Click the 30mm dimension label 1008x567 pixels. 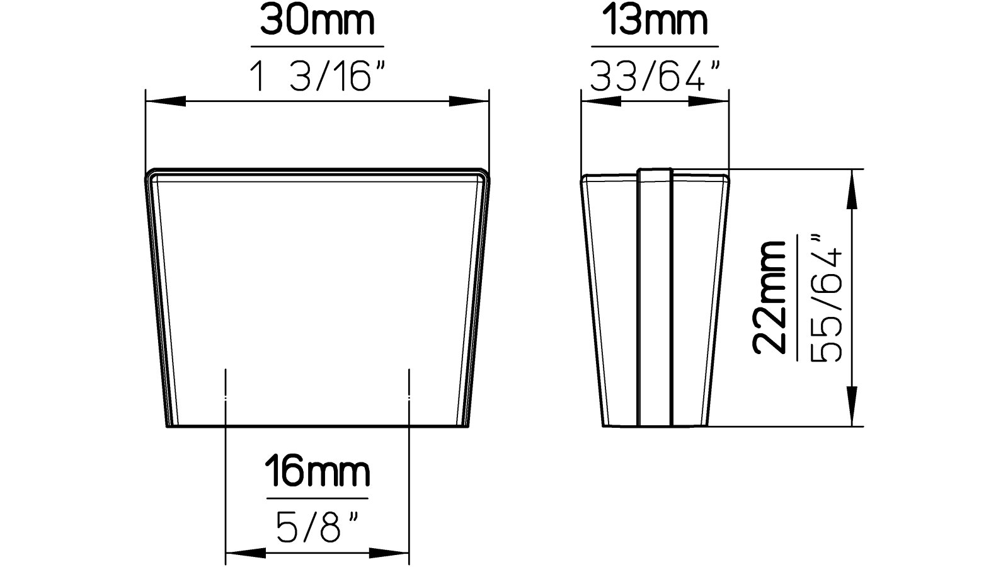pos(317,21)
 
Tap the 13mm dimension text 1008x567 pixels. pos(655,21)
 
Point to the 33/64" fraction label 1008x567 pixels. pos(655,77)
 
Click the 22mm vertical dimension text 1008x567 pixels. pos(770,297)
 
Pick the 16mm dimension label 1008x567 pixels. pos(317,472)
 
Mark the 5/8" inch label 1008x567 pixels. pos(317,527)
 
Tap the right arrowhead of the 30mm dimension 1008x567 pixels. pos(469,101)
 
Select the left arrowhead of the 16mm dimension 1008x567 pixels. pos(246,554)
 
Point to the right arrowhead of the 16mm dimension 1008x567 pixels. pos(389,554)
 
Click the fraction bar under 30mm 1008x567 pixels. pos(317,47)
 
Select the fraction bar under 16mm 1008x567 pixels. pos(317,499)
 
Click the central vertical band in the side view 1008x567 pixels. pos(655,297)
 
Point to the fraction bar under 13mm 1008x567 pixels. pos(655,47)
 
